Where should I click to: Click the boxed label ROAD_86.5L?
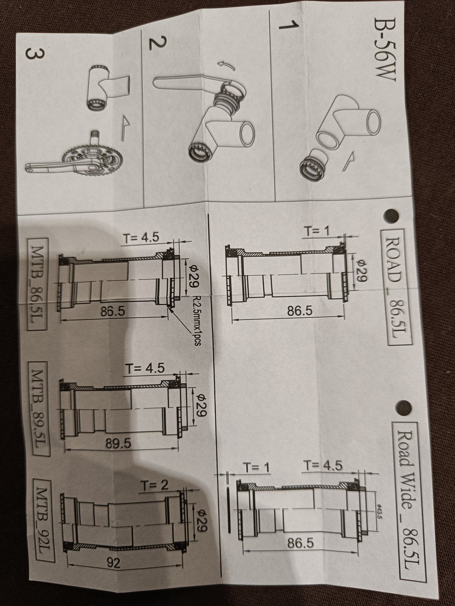coord(396,287)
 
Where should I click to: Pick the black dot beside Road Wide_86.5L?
coord(403,406)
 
